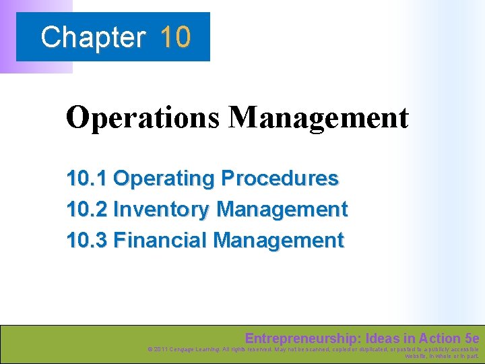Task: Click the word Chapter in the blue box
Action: click(x=93, y=37)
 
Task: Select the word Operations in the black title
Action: click(x=143, y=118)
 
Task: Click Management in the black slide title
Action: click(x=318, y=118)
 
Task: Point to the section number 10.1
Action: click(x=86, y=179)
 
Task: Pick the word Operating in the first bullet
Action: click(x=164, y=179)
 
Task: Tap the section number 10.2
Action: click(x=86, y=210)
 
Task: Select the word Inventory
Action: click(x=162, y=210)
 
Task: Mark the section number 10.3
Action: click(x=86, y=240)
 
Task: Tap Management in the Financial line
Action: click(x=278, y=240)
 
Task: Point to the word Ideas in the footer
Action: click(x=379, y=338)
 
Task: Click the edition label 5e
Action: click(x=472, y=338)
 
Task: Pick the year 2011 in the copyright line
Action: click(x=162, y=349)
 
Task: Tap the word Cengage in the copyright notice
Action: click(x=185, y=349)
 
